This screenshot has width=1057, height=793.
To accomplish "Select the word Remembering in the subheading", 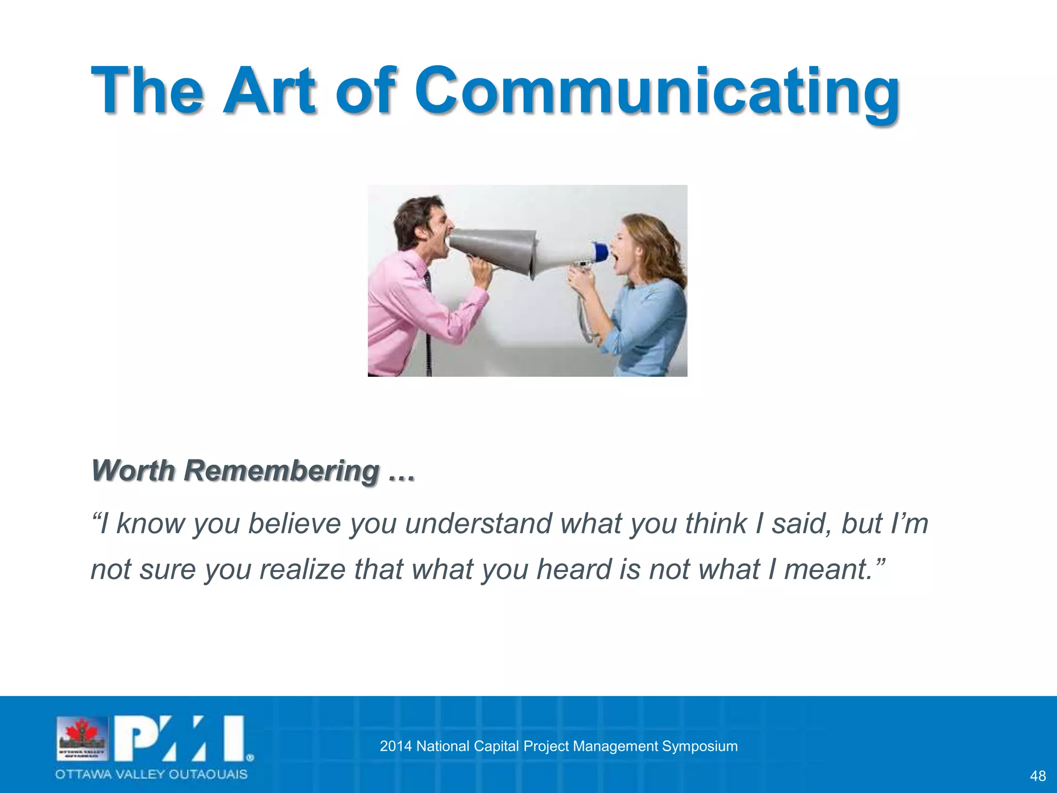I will coord(282,471).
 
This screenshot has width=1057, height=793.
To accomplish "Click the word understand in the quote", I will coord(478,524).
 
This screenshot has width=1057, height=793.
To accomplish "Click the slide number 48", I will coord(1037,776).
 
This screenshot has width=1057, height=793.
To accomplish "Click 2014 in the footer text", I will coord(396,747).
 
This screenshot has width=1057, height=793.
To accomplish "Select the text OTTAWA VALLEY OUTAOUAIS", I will coord(151,774).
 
